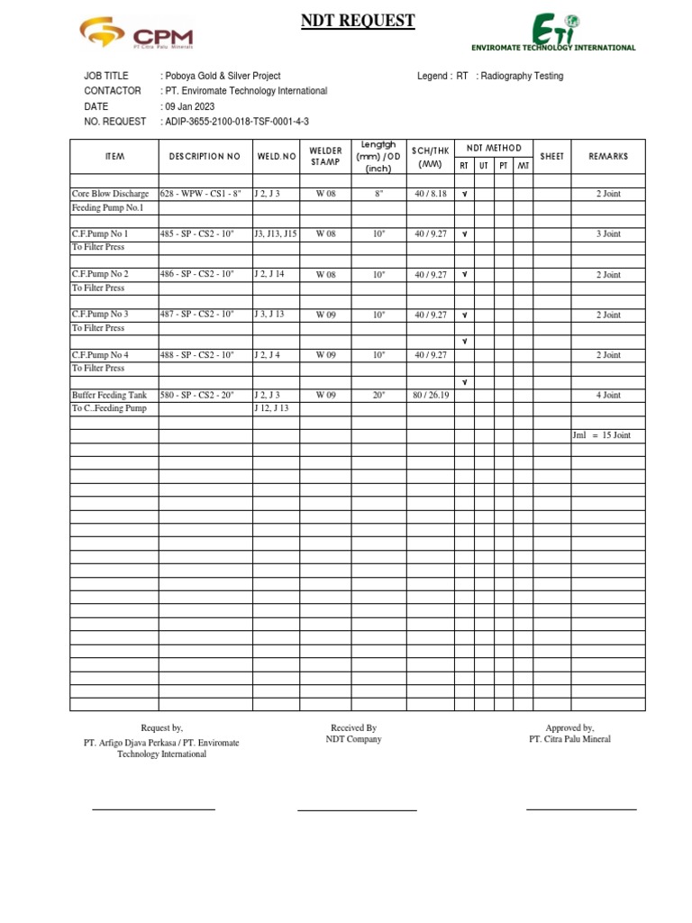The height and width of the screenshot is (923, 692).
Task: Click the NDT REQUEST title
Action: (358, 21)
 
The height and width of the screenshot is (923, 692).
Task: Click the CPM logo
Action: (136, 36)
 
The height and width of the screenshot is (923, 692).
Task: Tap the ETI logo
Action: (554, 33)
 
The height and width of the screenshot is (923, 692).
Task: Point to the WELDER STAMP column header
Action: (325, 156)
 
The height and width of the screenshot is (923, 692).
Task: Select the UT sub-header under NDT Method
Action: (483, 165)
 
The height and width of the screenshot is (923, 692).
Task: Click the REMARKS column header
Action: (608, 156)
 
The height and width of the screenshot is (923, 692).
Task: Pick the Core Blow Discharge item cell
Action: (110, 194)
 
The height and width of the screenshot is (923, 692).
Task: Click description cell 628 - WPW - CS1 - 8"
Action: (201, 194)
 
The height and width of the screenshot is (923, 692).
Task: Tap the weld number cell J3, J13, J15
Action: (275, 233)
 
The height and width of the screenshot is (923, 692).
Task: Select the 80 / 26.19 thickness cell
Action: (430, 395)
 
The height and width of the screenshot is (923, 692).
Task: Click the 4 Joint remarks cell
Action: (608, 395)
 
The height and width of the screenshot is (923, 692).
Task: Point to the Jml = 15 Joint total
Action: (602, 435)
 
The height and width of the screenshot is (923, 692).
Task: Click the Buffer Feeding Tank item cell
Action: (109, 395)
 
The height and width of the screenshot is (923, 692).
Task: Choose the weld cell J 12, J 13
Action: (272, 408)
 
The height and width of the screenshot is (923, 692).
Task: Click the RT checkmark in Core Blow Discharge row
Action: (464, 194)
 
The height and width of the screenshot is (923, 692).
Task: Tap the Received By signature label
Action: (353, 727)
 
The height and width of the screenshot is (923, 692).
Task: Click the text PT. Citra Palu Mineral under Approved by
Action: (569, 739)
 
